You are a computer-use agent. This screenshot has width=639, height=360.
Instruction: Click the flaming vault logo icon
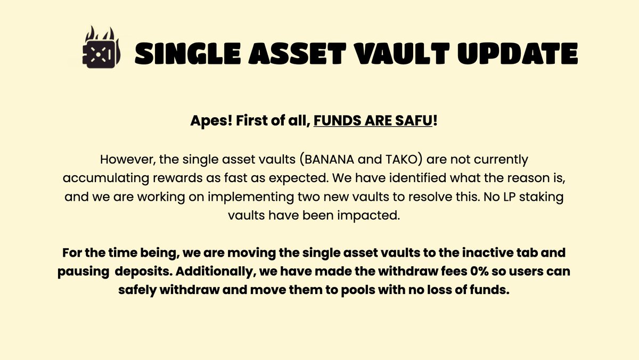point(101,47)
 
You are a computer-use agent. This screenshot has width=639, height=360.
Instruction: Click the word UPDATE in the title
point(518,54)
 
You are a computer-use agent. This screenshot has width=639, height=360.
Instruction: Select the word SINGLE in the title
point(187,54)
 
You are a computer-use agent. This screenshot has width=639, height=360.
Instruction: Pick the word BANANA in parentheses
point(329,159)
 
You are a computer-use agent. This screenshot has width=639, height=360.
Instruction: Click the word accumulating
point(106,178)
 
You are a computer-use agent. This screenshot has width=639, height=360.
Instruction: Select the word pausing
point(83,272)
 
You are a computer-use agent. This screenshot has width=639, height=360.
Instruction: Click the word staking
point(541,198)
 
